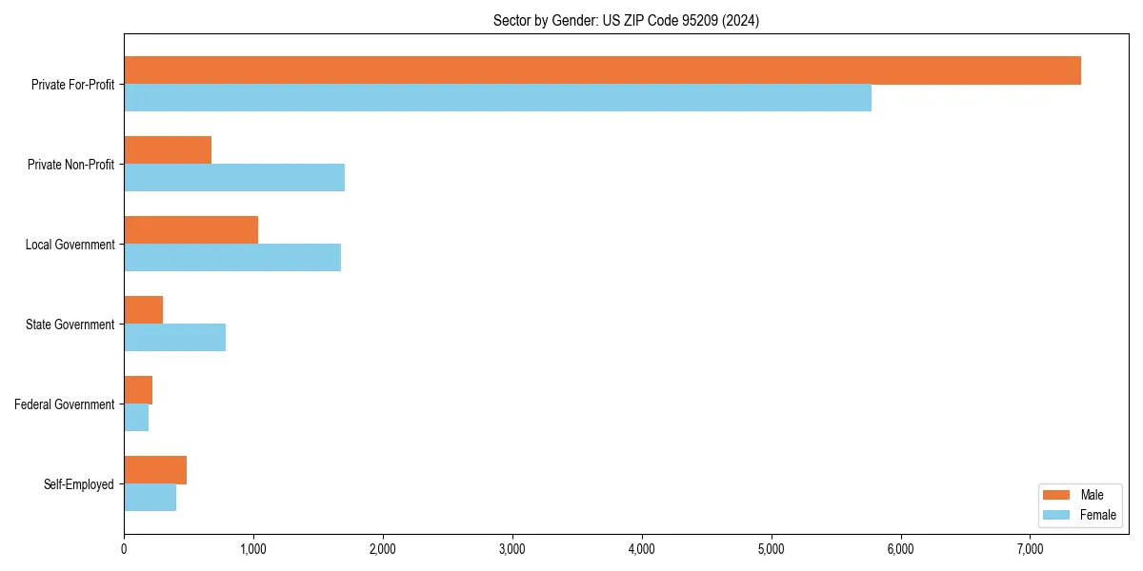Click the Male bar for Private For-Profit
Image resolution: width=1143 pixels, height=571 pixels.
(x=602, y=70)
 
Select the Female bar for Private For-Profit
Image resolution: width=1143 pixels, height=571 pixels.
(x=497, y=98)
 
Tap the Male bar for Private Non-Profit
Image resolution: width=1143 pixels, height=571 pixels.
(x=168, y=150)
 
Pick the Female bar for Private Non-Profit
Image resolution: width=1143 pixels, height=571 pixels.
(x=234, y=178)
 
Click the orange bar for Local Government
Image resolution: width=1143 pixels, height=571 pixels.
(x=190, y=230)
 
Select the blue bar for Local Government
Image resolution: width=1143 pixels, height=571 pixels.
(x=232, y=258)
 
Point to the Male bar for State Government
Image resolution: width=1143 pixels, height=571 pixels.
(x=143, y=310)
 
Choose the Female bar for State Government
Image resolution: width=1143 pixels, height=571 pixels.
(x=174, y=338)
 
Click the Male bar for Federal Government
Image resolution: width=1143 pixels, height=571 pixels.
(x=138, y=390)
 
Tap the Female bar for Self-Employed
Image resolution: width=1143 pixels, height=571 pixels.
(x=150, y=498)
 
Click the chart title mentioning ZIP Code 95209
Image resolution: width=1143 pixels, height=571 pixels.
(x=626, y=20)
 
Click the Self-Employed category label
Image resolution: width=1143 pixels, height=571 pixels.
(x=79, y=484)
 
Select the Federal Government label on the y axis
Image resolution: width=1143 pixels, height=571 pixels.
(x=65, y=404)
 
